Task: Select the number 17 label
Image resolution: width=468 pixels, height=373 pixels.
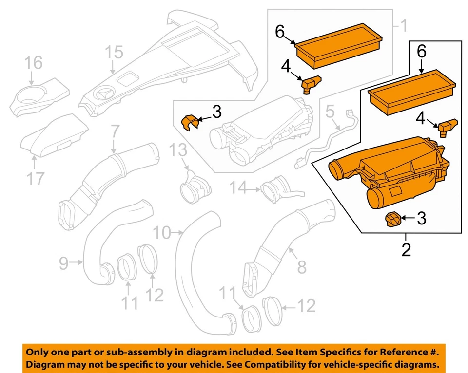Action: [35, 179]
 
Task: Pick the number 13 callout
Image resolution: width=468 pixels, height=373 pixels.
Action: [178, 151]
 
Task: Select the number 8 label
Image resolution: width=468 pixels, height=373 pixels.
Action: [301, 266]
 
